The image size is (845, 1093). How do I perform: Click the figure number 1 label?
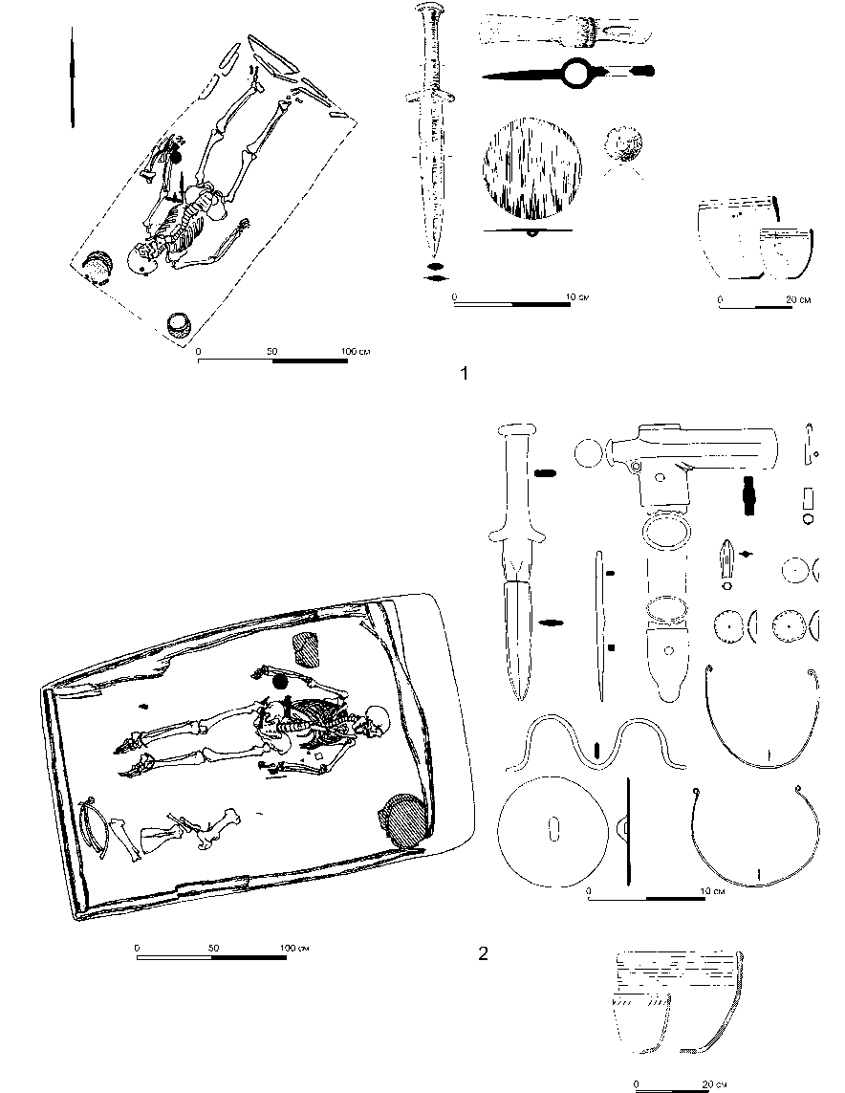pyautogui.click(x=465, y=374)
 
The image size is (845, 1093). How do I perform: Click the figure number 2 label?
pyautogui.click(x=483, y=952)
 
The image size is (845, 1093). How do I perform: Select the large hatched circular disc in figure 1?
pyautogui.click(x=532, y=172)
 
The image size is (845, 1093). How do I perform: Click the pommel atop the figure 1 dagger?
pyautogui.click(x=427, y=13)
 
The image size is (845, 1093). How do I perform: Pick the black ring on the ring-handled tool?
pyautogui.click(x=580, y=72)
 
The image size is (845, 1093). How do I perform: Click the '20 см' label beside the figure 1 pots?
pyautogui.click(x=797, y=300)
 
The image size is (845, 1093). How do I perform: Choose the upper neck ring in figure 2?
pyautogui.click(x=761, y=717)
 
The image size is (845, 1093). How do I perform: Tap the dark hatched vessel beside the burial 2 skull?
pyautogui.click(x=405, y=820)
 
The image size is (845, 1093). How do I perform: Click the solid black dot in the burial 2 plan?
pyautogui.click(x=280, y=682)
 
